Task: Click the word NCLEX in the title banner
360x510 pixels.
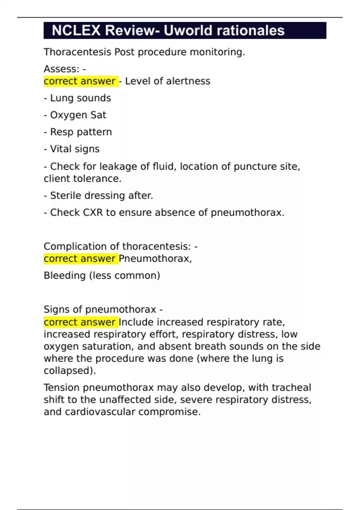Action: pyautogui.click(x=76, y=31)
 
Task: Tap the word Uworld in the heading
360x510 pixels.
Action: pyautogui.click(x=187, y=31)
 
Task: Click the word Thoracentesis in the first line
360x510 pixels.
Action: pyautogui.click(x=77, y=52)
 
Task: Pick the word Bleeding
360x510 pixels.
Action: pyautogui.click(x=64, y=275)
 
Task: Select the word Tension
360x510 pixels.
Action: pyautogui.click(x=62, y=388)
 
